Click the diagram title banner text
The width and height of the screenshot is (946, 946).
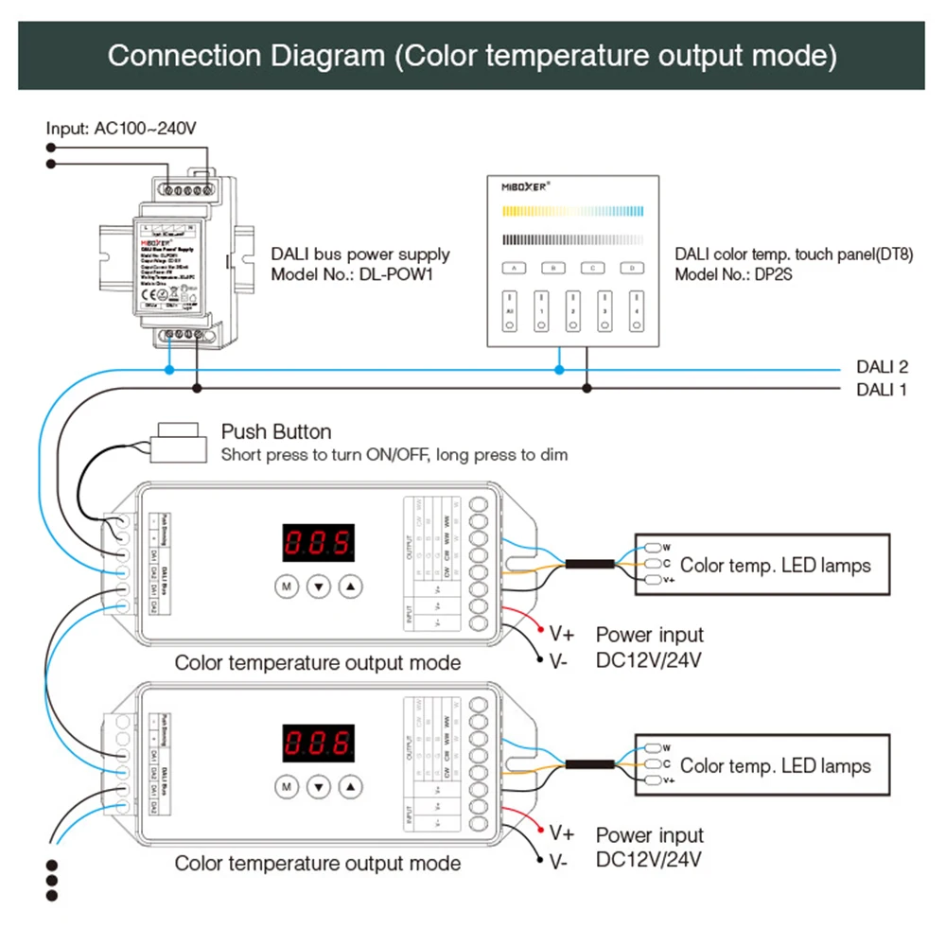point(472,55)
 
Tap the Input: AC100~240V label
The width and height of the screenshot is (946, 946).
point(121,128)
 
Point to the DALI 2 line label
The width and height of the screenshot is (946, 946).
point(882,367)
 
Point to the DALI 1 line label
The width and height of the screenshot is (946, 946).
point(882,389)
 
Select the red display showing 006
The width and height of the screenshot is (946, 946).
point(319,745)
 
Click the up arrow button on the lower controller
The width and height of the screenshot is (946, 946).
point(351,786)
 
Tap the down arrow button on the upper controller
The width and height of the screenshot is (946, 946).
point(319,587)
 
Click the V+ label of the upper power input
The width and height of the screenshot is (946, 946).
point(562,632)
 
